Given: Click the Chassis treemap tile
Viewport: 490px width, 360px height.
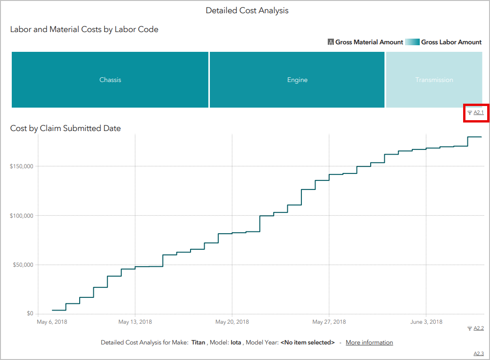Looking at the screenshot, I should point(110,80).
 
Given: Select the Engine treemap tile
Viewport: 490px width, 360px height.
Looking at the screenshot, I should point(297,80).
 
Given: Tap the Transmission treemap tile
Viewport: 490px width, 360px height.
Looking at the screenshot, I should point(434,80).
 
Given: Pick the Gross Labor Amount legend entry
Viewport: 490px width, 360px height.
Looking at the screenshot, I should point(451,42).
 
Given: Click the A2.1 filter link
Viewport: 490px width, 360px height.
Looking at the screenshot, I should point(478,113).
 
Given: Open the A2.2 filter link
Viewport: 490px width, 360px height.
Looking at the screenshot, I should point(478,328).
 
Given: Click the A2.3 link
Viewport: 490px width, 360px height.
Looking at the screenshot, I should point(478,354).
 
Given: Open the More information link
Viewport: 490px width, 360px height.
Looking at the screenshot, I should point(369,343).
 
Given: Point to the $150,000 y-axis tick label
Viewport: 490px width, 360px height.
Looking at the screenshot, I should point(22,166).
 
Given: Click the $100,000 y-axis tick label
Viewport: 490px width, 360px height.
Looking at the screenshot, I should point(22,216).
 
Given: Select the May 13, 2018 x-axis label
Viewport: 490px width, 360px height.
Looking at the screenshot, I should point(135,322).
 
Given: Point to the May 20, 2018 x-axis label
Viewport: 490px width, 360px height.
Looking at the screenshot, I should point(232,322).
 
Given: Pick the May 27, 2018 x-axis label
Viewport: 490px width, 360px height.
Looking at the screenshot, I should point(329,322).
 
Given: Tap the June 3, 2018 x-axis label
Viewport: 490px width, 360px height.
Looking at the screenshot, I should point(426,322).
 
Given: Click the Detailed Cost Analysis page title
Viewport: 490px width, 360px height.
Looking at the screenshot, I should point(247,10).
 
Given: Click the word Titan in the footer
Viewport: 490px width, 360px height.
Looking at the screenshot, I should point(198,343).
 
